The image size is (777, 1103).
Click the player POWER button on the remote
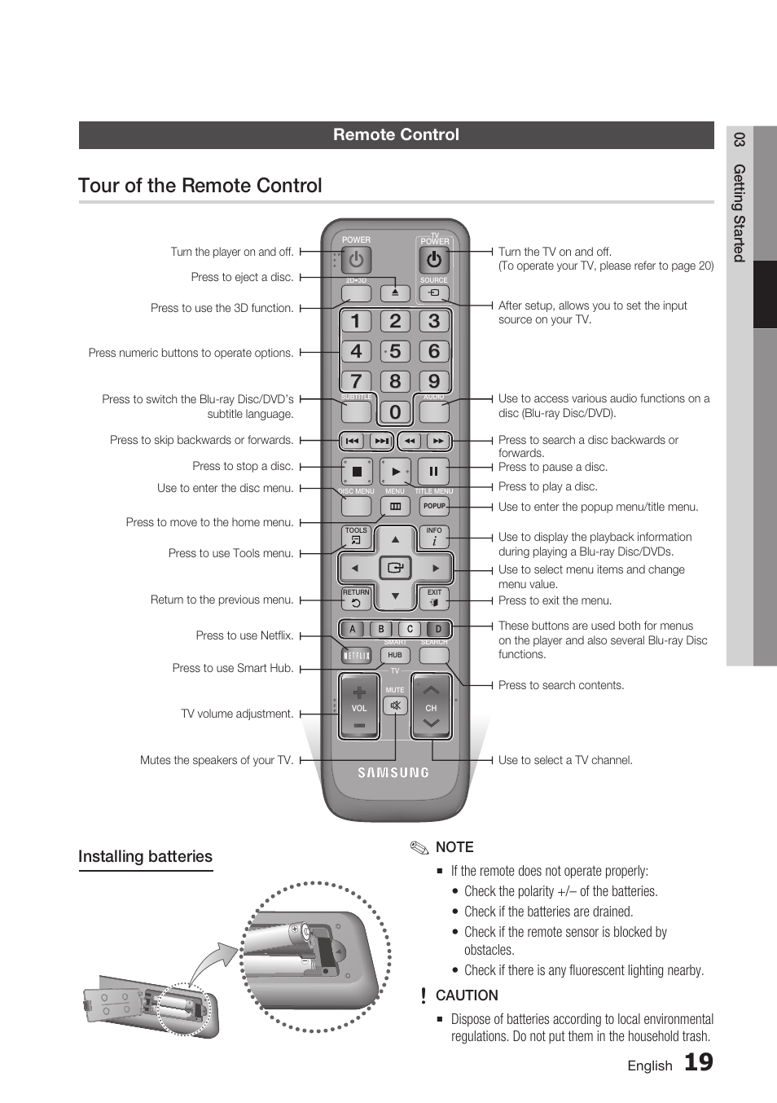pyautogui.click(x=356, y=260)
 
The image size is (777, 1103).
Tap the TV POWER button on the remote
pyautogui.click(x=434, y=260)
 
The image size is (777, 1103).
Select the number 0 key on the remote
pyautogui.click(x=395, y=412)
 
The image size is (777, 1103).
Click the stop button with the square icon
pyautogui.click(x=356, y=471)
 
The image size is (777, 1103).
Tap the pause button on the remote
pyautogui.click(x=433, y=471)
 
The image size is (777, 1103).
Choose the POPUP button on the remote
pyautogui.click(x=434, y=506)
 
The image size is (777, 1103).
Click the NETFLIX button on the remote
pyautogui.click(x=356, y=656)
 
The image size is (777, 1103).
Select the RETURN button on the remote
pyautogui.click(x=356, y=599)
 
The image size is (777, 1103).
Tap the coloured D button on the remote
pyautogui.click(x=438, y=629)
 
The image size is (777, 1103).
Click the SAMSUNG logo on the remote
pyautogui.click(x=394, y=772)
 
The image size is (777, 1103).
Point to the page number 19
pyautogui.click(x=698, y=1062)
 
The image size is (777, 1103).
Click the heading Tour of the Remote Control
pyautogui.click(x=200, y=186)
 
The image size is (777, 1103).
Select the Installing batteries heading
pyautogui.click(x=145, y=856)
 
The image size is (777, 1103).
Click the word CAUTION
pyautogui.click(x=467, y=995)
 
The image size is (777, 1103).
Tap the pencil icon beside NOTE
pyautogui.click(x=419, y=848)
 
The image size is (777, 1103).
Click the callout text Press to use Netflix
pyautogui.click(x=244, y=635)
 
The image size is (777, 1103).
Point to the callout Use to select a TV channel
pyautogui.click(x=565, y=760)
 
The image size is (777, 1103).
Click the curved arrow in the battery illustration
pyautogui.click(x=210, y=961)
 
